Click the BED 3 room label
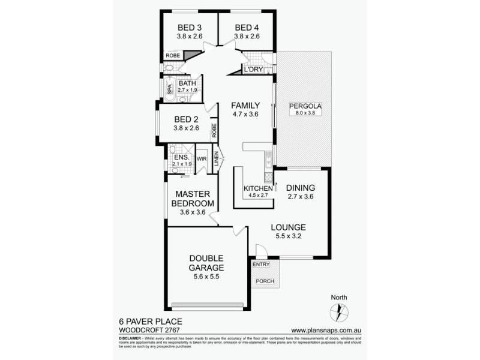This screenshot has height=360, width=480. tap(190, 27)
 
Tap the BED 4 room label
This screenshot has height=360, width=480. tap(247, 27)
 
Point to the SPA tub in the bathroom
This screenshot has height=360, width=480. tap(170, 90)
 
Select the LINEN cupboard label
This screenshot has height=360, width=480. tap(217, 161)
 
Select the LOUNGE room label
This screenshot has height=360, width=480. tap(289, 227)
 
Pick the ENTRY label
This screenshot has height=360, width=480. tap(262, 264)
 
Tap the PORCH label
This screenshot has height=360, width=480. tap(264, 281)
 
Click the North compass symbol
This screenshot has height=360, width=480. tap(338, 311)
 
